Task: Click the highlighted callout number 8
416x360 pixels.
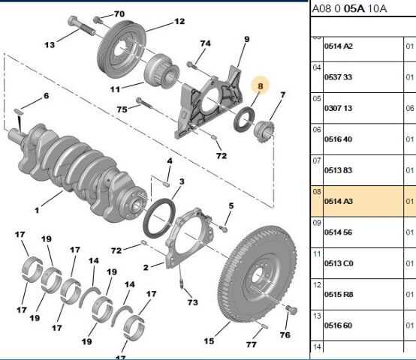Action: tap(260, 86)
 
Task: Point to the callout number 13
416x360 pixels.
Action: tap(50, 45)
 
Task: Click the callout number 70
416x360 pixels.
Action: tap(119, 14)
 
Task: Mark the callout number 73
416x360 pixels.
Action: tap(192, 302)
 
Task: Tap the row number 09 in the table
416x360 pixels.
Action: tap(317, 223)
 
